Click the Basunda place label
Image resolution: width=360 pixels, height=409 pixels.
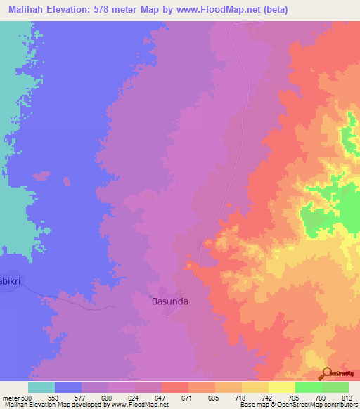171,301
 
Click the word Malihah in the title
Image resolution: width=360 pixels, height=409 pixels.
29,10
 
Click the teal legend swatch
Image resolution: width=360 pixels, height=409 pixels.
41,387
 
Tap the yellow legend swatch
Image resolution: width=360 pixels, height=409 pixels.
281,387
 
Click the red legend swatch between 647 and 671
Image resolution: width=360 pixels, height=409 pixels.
175,387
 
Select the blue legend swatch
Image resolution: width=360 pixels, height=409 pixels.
68,387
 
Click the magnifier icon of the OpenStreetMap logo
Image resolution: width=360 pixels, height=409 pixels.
326,373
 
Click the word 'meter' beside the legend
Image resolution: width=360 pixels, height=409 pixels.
11,398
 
